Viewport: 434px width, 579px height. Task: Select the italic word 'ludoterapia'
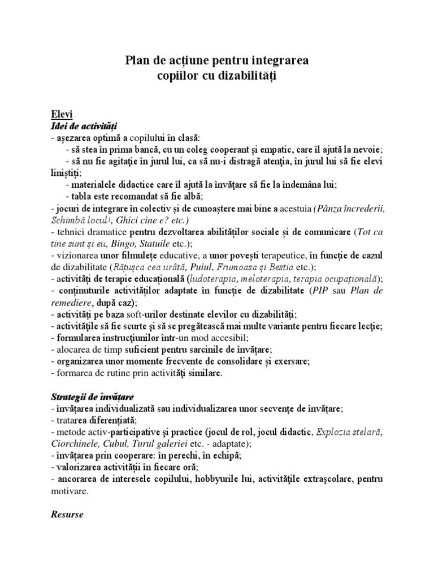pyautogui.click(x=218, y=279)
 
